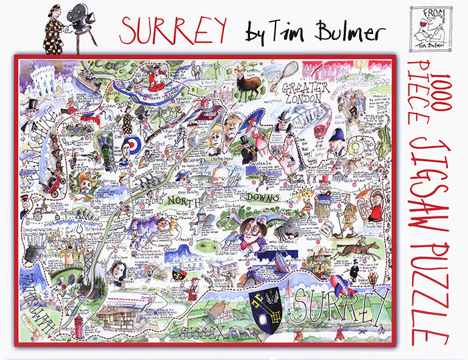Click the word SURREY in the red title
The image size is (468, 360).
tap(172, 29)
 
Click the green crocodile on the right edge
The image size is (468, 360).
tap(382, 137)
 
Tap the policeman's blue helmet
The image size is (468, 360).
tap(338, 138)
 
